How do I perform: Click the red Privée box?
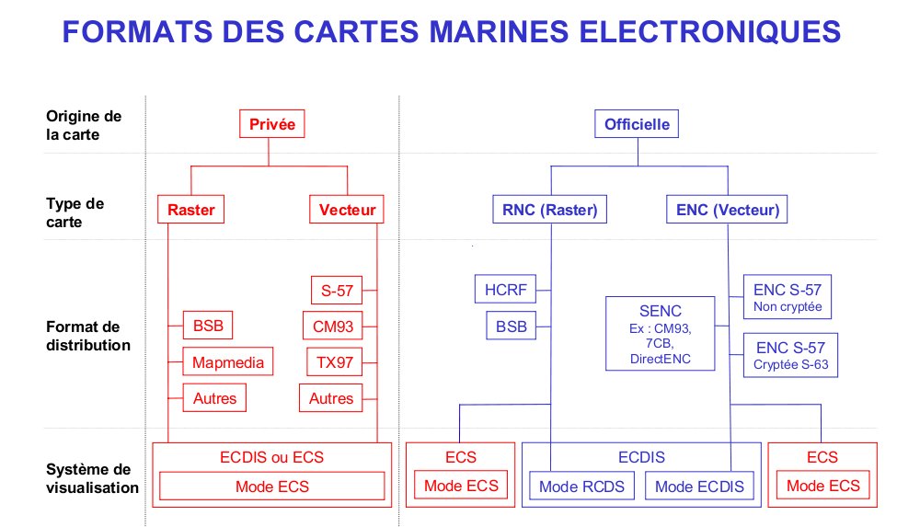click(x=271, y=124)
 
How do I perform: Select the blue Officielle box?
click(x=637, y=124)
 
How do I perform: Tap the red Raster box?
click(x=191, y=210)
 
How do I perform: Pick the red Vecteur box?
click(x=347, y=210)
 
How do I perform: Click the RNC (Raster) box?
click(x=549, y=210)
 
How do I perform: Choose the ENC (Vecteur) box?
click(x=727, y=210)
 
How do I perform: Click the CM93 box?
click(x=333, y=326)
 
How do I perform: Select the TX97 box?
click(x=335, y=361)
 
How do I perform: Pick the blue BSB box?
click(x=512, y=326)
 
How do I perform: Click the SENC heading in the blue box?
click(x=660, y=311)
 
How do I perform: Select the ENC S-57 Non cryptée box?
click(x=788, y=296)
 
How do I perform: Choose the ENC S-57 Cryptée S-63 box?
click(x=789, y=354)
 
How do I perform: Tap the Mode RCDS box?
click(x=581, y=486)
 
